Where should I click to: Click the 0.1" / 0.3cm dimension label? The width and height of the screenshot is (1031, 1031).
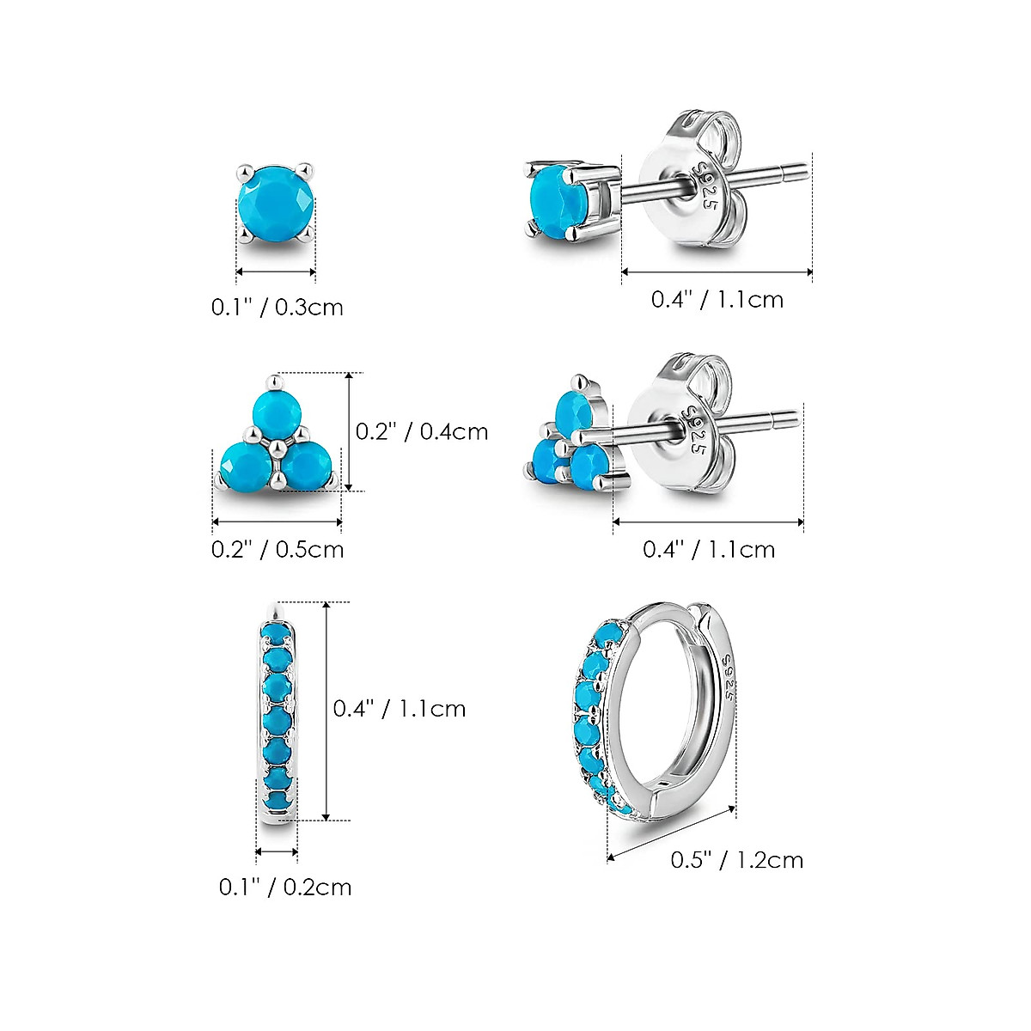point(277,307)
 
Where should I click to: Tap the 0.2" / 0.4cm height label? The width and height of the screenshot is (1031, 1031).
point(422,431)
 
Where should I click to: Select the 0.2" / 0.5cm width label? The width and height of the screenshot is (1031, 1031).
point(278,549)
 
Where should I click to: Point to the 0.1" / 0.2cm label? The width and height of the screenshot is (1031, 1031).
point(285,887)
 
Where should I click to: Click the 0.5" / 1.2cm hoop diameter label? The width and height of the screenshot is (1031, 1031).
point(737,859)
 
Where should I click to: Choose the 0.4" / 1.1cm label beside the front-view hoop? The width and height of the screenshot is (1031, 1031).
point(400,709)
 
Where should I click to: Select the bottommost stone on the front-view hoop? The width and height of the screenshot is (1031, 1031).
point(277,799)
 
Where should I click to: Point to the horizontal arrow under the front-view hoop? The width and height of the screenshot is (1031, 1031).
point(277,852)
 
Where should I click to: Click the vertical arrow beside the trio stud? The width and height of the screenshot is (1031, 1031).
point(349,432)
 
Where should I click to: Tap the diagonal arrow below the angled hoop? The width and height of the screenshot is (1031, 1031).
point(672,832)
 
